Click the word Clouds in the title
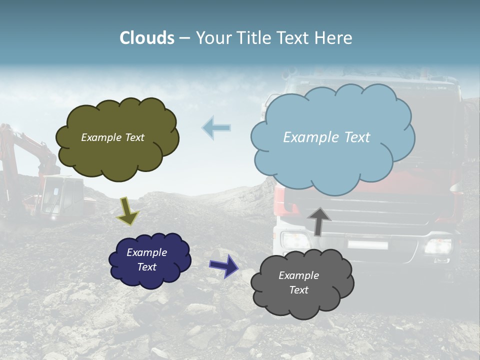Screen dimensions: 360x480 pos(147,38)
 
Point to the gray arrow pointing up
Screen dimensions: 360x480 pos(319,220)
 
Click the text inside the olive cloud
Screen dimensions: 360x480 pos(112,137)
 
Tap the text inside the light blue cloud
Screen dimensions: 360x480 pos(326,137)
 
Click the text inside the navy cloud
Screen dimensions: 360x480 pos(147,259)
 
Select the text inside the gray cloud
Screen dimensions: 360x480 pos(298,282)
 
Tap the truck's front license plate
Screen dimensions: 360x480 pos(368,245)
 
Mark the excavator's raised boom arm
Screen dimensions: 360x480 pos(30,145)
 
